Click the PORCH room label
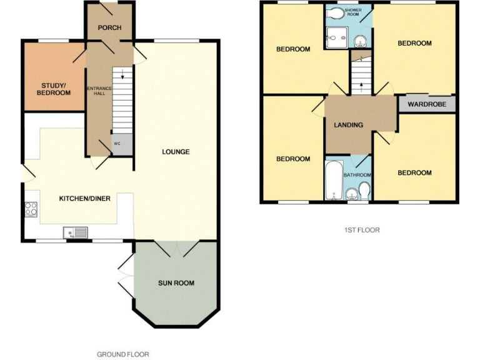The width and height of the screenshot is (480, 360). coord(109,28)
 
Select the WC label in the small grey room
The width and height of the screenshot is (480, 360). coord(116,143)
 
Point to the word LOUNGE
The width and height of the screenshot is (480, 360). coord(176,152)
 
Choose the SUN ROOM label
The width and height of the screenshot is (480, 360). coord(176,283)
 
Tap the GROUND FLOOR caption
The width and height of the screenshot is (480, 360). coord(122,354)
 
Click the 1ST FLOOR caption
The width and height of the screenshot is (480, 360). coord(362,230)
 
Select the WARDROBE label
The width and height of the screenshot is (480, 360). coord(427,104)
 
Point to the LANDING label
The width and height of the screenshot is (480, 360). coord(348,125)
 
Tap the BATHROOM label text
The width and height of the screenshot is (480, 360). coord(357,175)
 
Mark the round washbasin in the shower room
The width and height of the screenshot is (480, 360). coord(360,42)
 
